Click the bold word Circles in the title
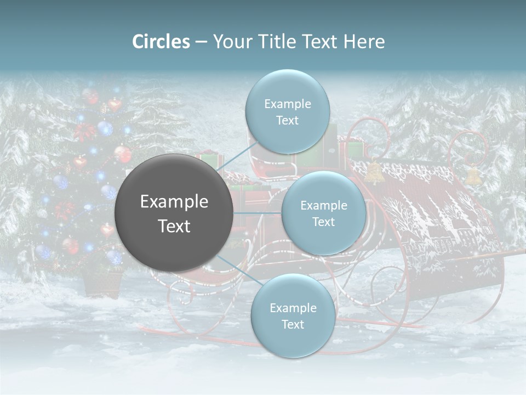pyautogui.click(x=161, y=42)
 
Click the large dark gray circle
pyautogui.click(x=174, y=213)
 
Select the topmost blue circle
pyautogui.click(x=287, y=111)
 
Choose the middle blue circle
pyautogui.click(x=323, y=213)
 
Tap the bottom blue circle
pyautogui.click(x=293, y=315)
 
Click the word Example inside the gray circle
pyautogui.click(x=174, y=201)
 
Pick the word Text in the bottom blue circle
pyautogui.click(x=293, y=324)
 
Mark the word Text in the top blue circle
pyautogui.click(x=287, y=120)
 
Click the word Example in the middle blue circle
pyautogui.click(x=323, y=205)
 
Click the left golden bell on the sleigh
pyautogui.click(x=374, y=172)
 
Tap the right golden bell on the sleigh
pyautogui.click(x=473, y=176)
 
